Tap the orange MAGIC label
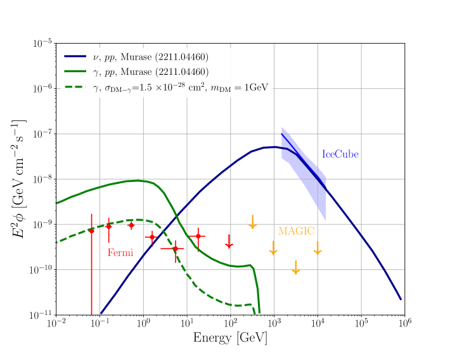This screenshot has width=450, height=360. click(296, 231)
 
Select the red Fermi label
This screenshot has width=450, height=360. click(120, 253)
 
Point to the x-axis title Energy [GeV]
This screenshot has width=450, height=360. click(230, 339)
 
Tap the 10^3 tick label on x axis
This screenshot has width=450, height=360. click(274, 325)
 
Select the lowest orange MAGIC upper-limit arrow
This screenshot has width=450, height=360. click(295, 267)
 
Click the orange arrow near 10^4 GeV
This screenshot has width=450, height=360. click(318, 248)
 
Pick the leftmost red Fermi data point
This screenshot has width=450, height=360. click(91, 231)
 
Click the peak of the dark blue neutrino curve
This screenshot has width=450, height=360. click(274, 147)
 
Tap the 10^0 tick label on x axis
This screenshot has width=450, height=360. click(144, 325)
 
